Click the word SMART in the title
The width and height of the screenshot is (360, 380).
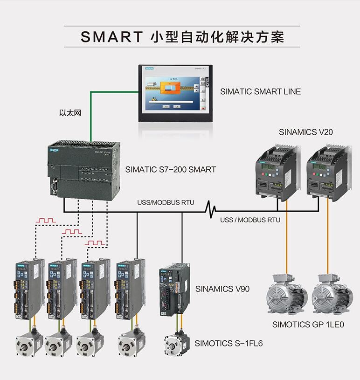[x=111, y=37]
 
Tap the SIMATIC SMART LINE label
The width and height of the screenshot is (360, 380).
[x=260, y=92]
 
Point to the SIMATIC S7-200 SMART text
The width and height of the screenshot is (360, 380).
[x=171, y=170]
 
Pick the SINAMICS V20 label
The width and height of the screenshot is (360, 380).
[x=306, y=132]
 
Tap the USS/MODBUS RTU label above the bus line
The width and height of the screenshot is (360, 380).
[x=166, y=203]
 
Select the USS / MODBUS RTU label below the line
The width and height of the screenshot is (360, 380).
[x=250, y=220]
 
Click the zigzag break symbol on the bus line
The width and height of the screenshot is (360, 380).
[x=212, y=210]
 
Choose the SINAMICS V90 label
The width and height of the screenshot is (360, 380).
[x=222, y=289]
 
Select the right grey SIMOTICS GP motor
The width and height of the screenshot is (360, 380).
[x=332, y=296]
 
